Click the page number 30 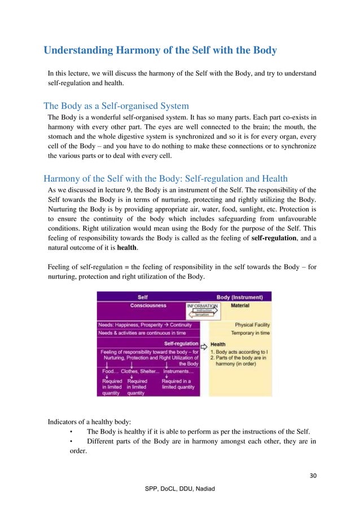pos(313,475)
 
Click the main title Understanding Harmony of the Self pos(160,51)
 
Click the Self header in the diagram pos(143,296)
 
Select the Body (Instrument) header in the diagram pos(243,296)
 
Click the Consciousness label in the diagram pos(148,306)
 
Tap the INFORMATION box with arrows pos(201,309)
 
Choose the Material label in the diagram pos(240,306)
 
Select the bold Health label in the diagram pos(218,344)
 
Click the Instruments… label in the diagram pos(178,371)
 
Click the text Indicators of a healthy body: pos(84,421)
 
